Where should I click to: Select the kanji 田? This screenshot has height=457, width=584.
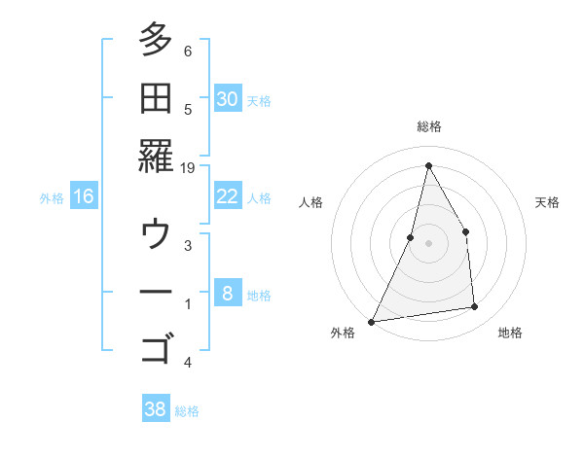point(156,96)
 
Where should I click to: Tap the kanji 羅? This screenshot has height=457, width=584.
point(156,156)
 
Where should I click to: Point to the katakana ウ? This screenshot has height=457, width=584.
point(156,233)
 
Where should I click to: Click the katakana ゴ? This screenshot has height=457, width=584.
point(156,347)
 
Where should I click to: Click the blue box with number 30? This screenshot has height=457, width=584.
point(228,98)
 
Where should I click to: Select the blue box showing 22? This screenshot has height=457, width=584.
point(228,196)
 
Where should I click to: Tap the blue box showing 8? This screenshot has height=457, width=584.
point(228,294)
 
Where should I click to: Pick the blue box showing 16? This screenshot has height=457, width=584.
point(84,196)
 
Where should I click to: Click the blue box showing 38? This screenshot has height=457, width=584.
point(156,409)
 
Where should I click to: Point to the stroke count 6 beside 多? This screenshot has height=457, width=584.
point(188,52)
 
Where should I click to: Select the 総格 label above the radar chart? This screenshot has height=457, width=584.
point(428,126)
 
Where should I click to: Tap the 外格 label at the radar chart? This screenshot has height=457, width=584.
point(344,333)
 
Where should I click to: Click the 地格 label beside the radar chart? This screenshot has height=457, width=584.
point(510,333)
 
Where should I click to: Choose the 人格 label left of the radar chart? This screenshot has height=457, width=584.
point(311,202)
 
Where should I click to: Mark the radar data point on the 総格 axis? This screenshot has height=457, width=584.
point(428,165)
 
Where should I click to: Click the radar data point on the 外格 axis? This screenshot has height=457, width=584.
point(372,321)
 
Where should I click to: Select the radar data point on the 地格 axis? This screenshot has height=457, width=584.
point(475,307)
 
